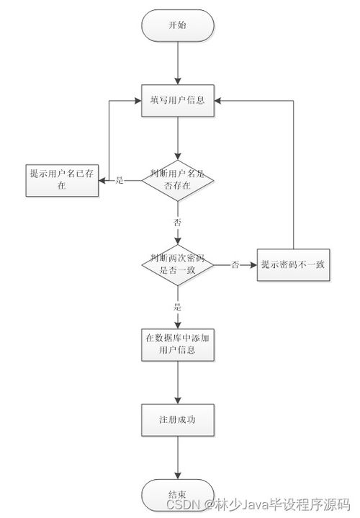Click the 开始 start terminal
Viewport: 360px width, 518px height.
[x=177, y=25]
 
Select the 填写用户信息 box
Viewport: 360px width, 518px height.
[x=177, y=100]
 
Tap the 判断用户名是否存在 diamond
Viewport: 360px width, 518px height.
[x=177, y=179]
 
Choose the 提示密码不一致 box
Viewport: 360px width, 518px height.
[x=293, y=264]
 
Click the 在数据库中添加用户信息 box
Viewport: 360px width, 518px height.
[x=177, y=344]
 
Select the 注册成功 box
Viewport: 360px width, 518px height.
[x=177, y=419]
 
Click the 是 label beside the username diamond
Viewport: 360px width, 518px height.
[x=120, y=179]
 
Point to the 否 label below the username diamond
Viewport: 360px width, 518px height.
[x=177, y=220]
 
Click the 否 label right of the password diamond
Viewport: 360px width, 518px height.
[x=235, y=264]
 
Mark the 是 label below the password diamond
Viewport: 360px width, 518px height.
[x=177, y=307]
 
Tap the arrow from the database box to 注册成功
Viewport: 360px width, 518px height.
[x=177, y=382]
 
